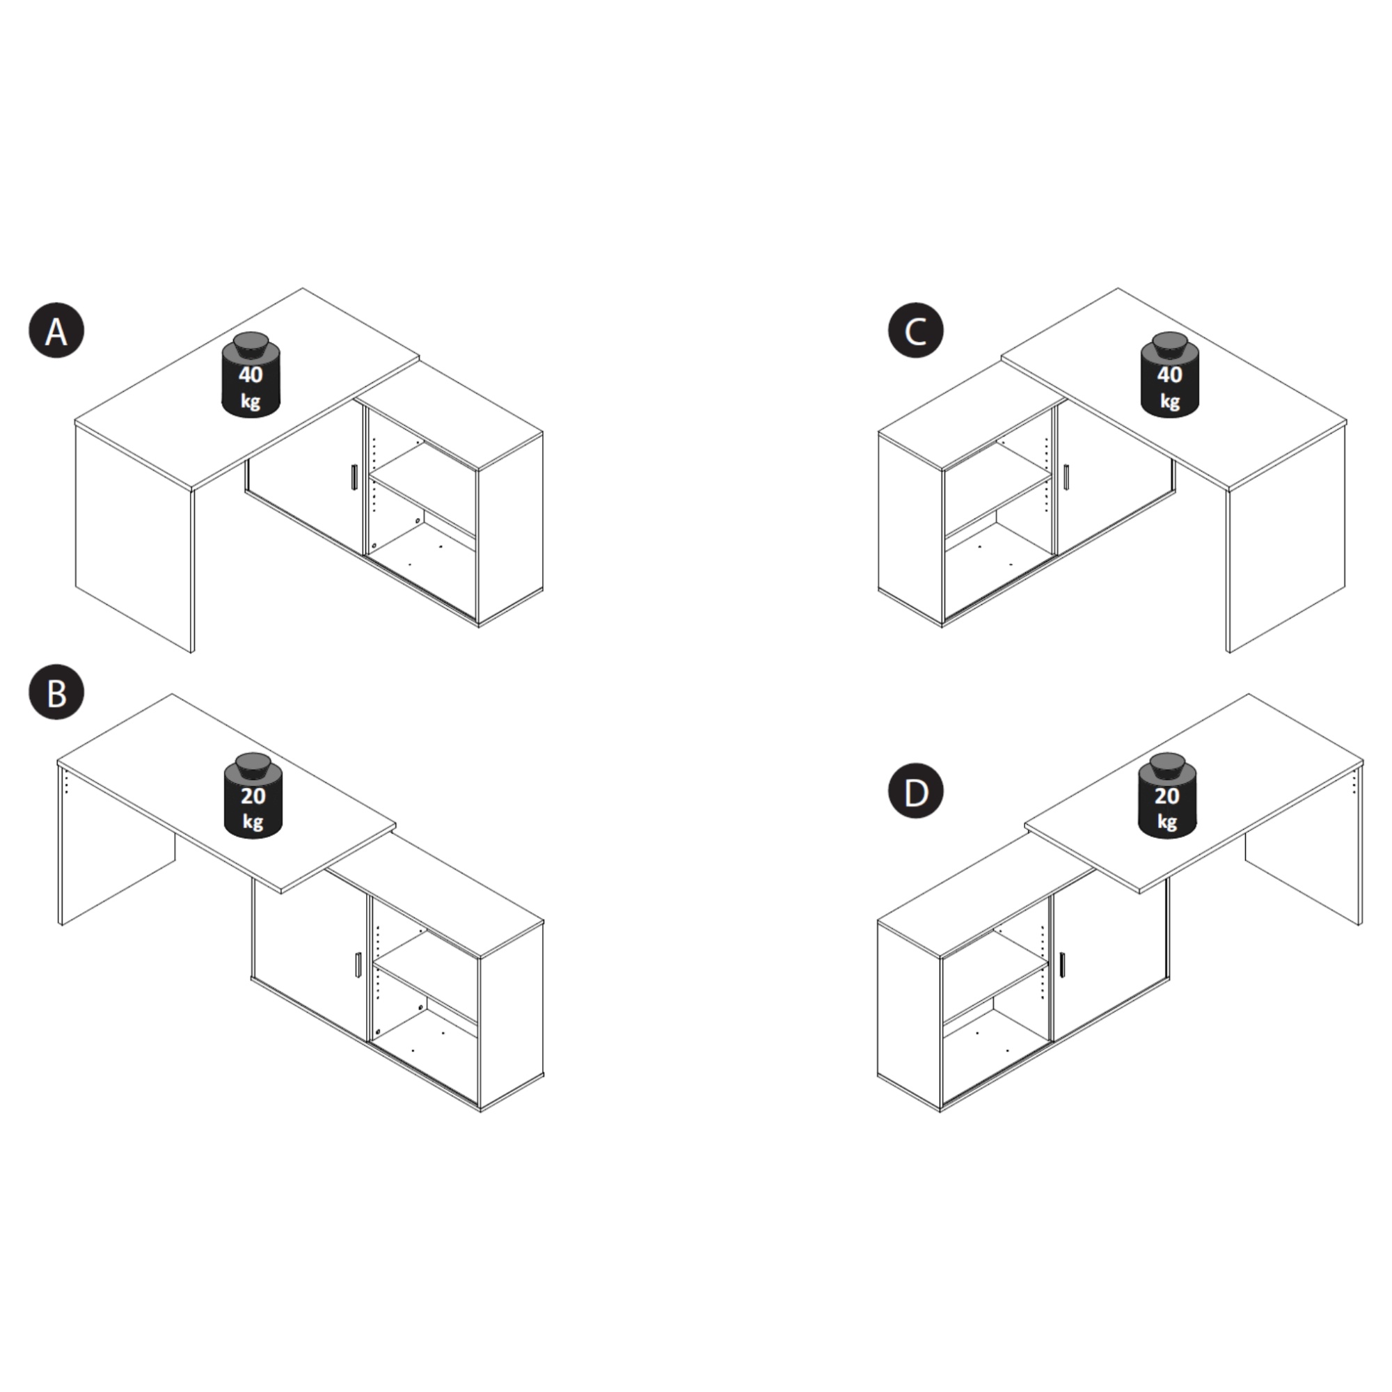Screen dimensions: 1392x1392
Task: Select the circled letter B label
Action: (56, 693)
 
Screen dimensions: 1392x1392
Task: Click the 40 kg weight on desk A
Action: (251, 374)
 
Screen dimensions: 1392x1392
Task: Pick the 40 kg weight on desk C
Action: (1169, 374)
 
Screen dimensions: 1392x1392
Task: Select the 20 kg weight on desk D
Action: (1166, 796)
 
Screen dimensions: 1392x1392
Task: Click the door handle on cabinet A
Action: (353, 477)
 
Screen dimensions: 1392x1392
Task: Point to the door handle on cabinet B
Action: (358, 965)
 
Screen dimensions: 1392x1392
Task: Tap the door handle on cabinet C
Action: (1066, 477)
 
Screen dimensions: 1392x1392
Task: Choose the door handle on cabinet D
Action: (1062, 965)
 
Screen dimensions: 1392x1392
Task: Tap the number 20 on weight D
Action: (1166, 796)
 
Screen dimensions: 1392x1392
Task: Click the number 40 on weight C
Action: (1169, 374)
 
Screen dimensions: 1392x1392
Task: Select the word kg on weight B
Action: (252, 822)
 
